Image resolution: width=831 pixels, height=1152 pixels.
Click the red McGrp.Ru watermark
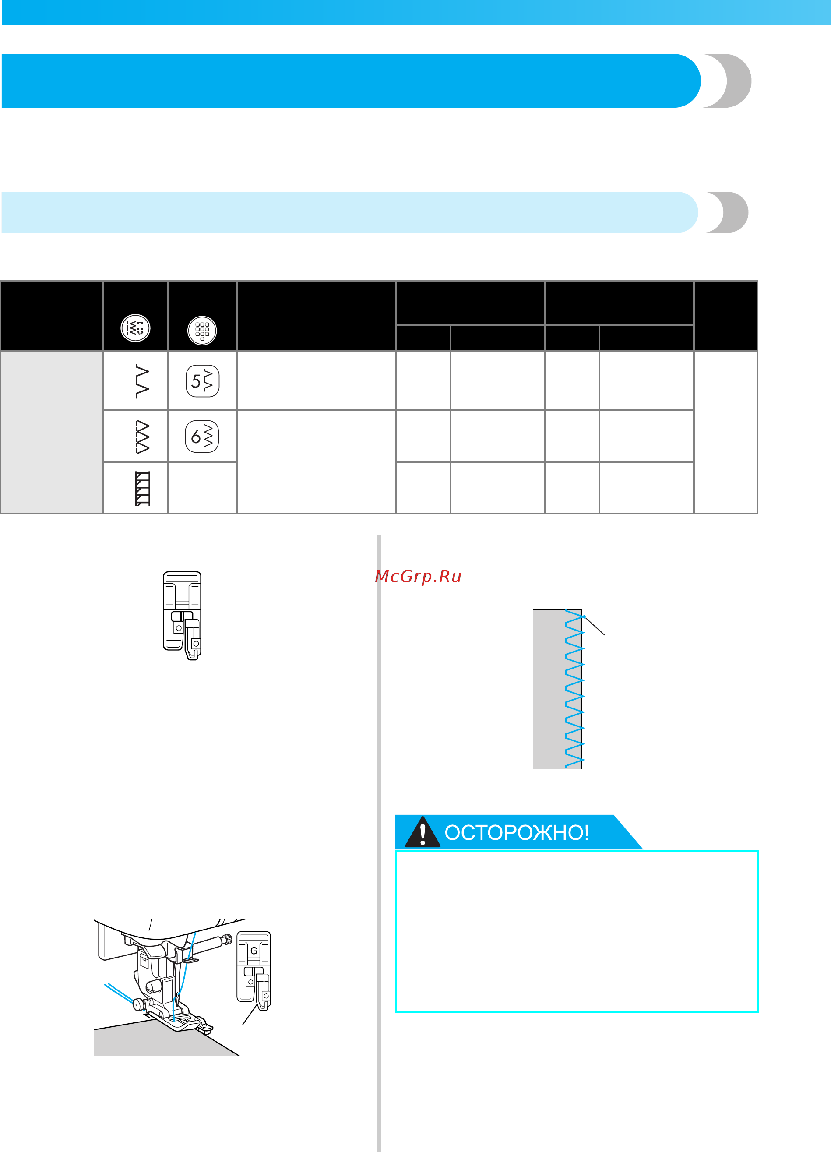(418, 577)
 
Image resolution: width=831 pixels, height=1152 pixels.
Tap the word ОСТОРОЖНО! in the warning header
(517, 832)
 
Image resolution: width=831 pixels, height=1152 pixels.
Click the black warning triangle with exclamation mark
(423, 831)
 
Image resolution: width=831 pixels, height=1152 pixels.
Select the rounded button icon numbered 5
(203, 381)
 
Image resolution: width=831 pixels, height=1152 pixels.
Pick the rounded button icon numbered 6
(202, 436)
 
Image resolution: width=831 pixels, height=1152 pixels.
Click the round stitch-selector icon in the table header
(135, 328)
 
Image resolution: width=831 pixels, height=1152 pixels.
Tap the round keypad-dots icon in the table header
(202, 331)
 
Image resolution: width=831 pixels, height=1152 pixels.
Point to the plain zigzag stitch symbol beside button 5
(143, 381)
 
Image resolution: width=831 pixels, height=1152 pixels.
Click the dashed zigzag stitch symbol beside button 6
(142, 437)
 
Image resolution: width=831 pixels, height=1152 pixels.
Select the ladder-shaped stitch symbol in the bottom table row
(143, 489)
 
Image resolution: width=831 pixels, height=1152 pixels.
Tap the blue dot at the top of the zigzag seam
(584, 617)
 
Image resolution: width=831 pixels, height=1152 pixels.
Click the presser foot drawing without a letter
(182, 616)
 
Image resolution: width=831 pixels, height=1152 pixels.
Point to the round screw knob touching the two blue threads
(137, 1004)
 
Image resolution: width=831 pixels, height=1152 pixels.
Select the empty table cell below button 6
(202, 488)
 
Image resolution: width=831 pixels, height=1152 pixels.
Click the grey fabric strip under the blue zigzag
(557, 689)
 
